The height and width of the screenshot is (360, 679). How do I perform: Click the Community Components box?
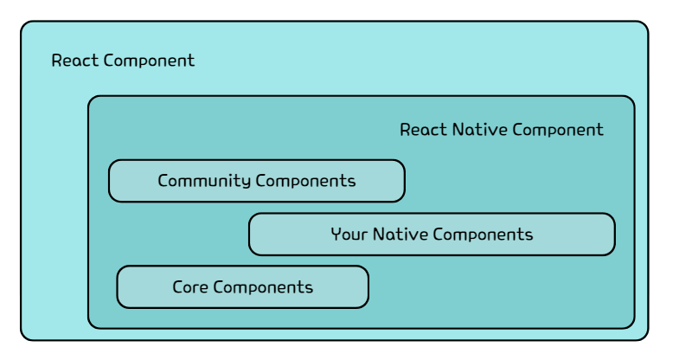tap(257, 181)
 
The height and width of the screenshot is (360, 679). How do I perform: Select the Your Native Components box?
tap(432, 235)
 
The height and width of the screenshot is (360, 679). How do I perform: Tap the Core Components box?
tap(242, 287)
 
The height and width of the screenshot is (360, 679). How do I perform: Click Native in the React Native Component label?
tap(480, 130)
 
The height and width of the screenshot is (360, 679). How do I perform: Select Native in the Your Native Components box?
tap(400, 235)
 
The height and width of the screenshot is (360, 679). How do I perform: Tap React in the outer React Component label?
tap(75, 61)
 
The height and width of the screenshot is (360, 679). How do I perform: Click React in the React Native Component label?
tap(424, 130)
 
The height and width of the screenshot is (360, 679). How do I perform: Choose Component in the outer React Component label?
tap(150, 61)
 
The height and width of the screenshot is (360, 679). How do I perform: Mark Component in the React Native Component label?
tap(558, 130)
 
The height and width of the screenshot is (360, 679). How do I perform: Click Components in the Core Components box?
tap(263, 287)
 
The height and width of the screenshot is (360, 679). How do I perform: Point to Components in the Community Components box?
tap(305, 182)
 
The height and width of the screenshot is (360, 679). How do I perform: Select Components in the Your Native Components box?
tap(483, 235)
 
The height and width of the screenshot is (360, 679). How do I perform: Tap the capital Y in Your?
tap(336, 235)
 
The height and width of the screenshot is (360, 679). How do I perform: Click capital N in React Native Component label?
tap(458, 130)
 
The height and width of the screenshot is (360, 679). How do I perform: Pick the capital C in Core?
tap(178, 287)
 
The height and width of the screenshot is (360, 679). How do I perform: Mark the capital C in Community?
tap(163, 181)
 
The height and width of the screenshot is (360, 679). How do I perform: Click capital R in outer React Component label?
tap(58, 61)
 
